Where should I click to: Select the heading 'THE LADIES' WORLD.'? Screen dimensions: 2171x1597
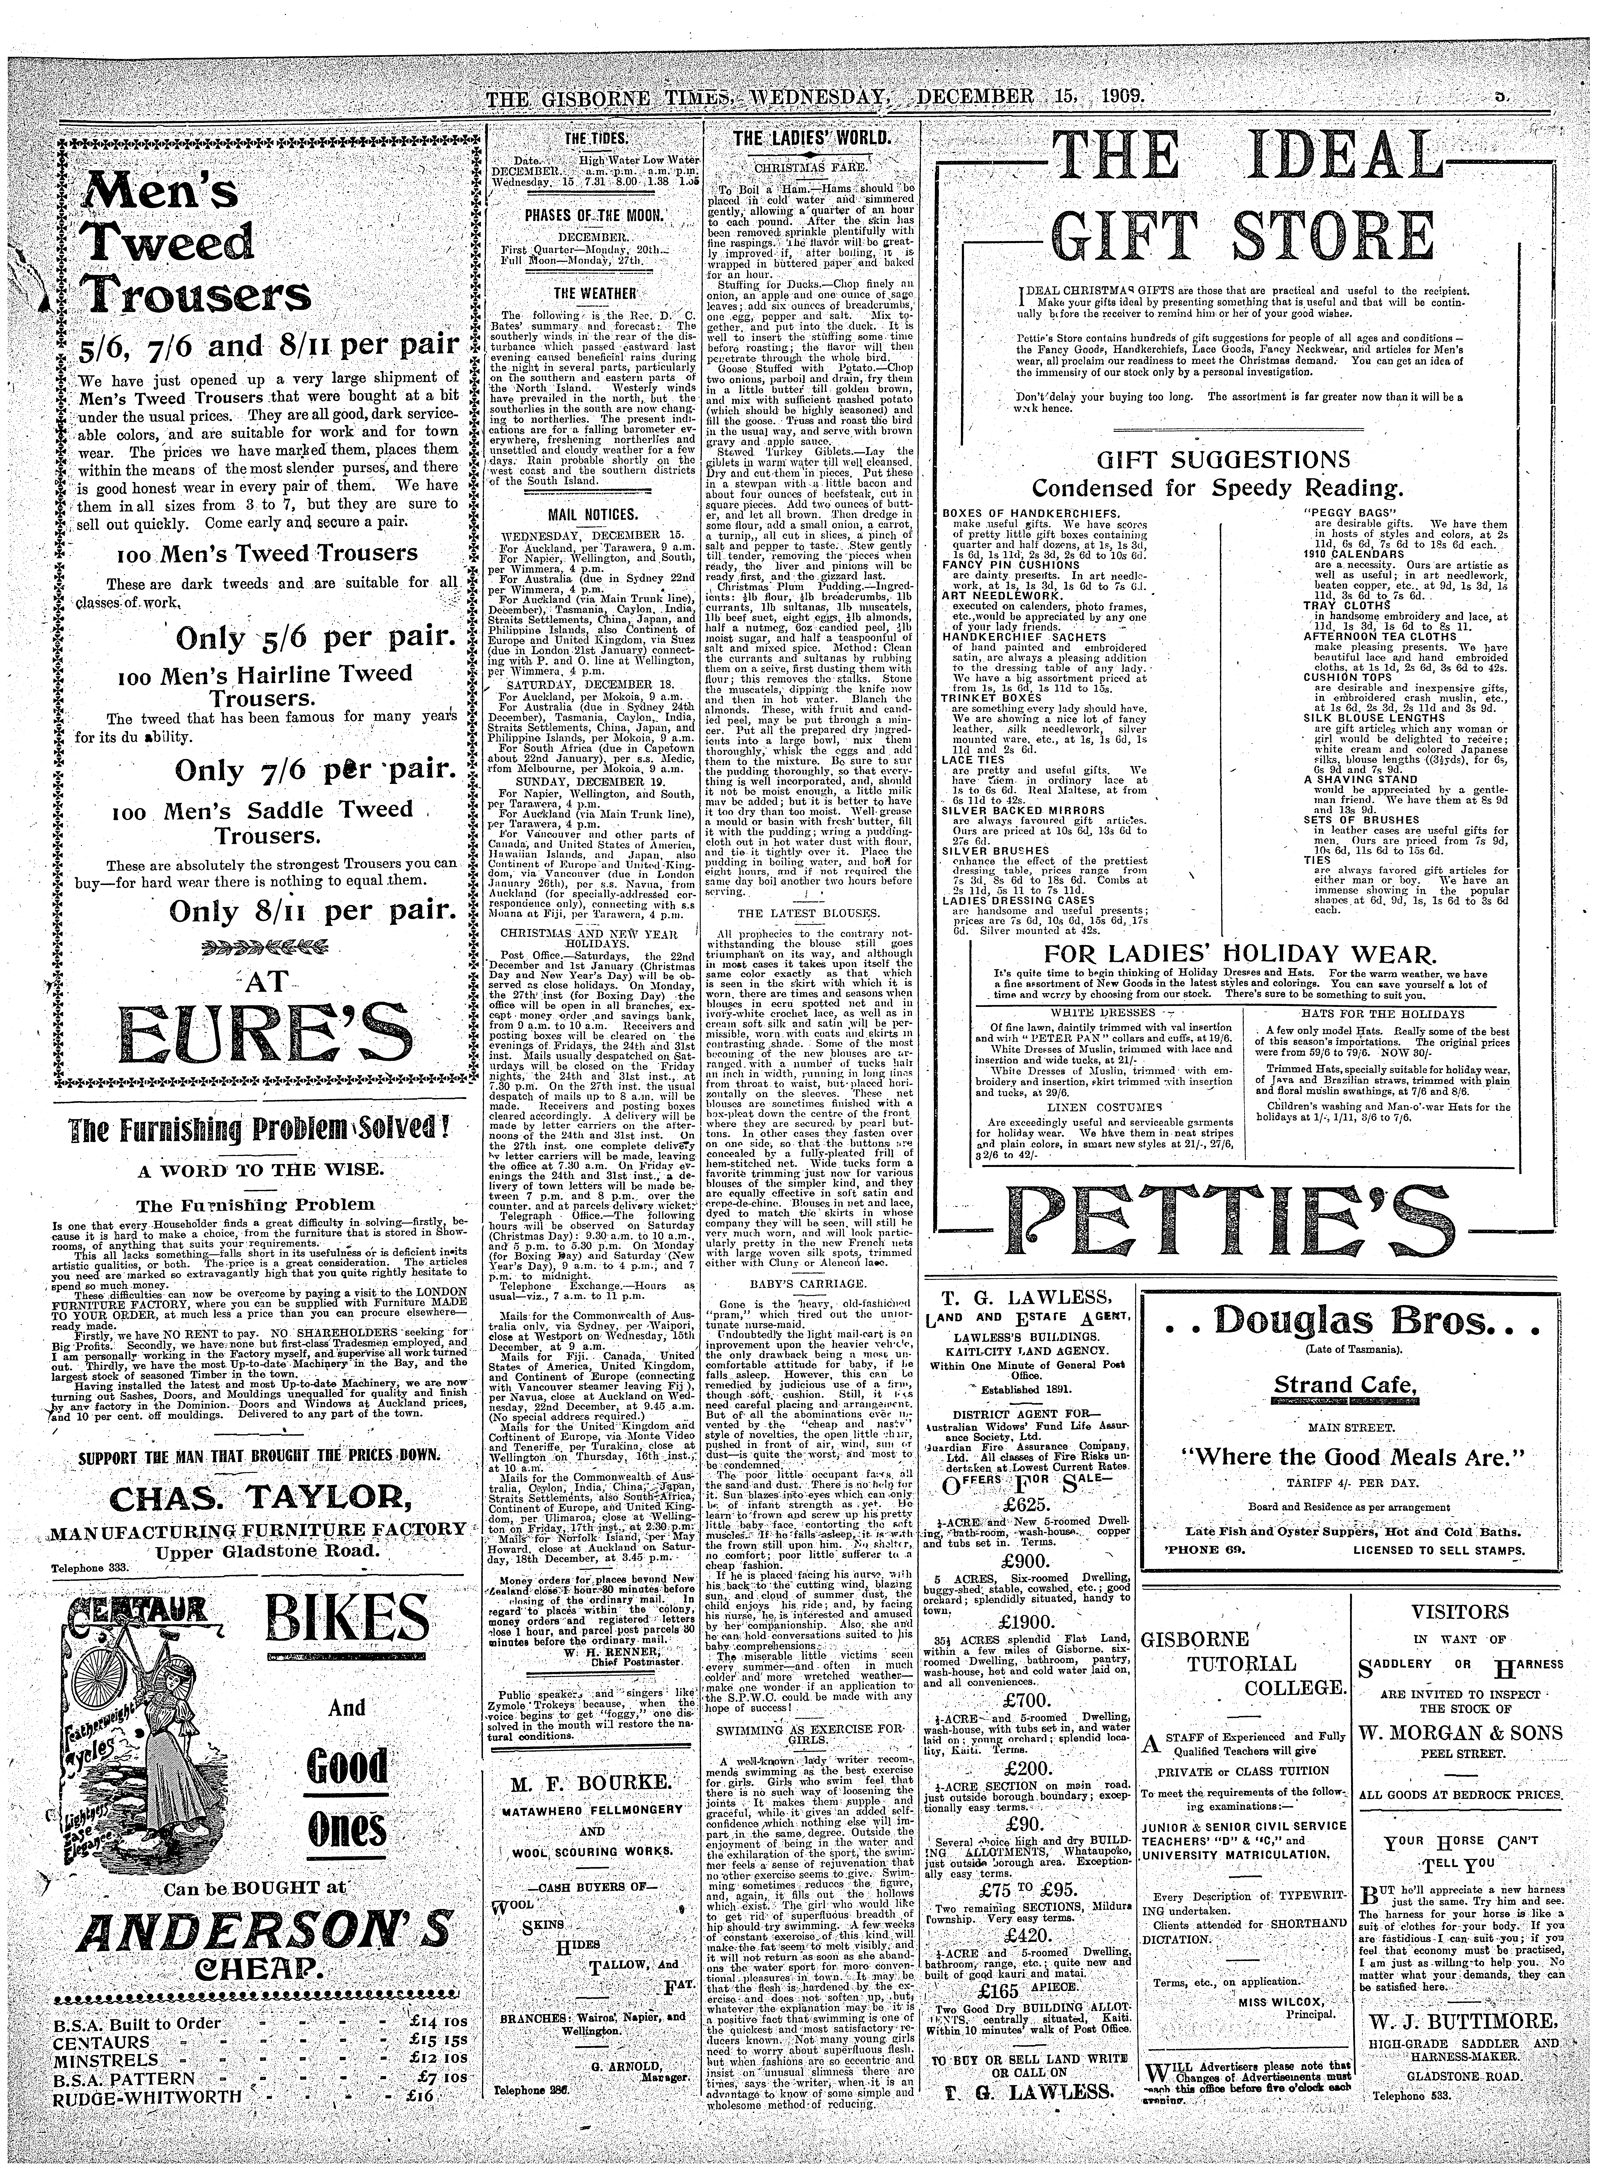click(812, 140)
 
